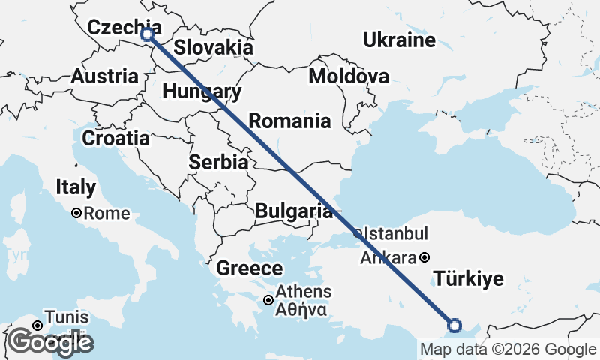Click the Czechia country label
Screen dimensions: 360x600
(119, 28)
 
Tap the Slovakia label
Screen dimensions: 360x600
(213, 48)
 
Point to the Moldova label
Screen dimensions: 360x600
(349, 76)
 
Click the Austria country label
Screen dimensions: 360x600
(105, 76)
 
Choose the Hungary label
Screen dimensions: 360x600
(202, 92)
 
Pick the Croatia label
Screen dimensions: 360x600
(115, 138)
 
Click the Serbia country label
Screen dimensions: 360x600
(219, 162)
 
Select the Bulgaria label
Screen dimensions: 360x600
(293, 211)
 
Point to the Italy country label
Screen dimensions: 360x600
(76, 187)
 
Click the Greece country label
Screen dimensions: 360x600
(250, 268)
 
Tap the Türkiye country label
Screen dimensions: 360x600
(469, 280)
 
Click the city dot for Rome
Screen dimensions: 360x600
(76, 214)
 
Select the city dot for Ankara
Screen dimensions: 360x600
(425, 257)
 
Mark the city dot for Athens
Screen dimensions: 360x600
(268, 300)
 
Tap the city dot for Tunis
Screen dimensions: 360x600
(36, 325)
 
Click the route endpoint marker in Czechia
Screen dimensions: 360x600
(147, 34)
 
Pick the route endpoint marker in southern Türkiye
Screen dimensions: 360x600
(454, 325)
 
